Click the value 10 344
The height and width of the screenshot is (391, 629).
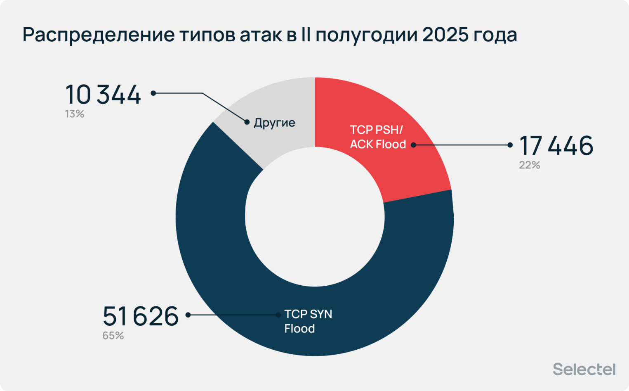click(x=103, y=95)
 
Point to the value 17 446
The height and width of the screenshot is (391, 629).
click(x=556, y=146)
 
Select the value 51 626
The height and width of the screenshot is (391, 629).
click(x=140, y=316)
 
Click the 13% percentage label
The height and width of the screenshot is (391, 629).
click(x=75, y=114)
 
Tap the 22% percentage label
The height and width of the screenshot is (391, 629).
click(x=529, y=165)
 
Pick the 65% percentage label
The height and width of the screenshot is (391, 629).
click(x=113, y=336)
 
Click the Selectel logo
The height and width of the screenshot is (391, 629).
click(x=584, y=369)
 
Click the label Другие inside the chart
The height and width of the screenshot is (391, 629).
click(x=274, y=123)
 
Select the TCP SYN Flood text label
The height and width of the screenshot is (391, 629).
click(x=308, y=321)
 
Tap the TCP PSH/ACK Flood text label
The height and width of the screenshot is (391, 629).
click(x=377, y=137)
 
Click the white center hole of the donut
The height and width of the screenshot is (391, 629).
click(x=315, y=217)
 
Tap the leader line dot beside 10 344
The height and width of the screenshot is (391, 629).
click(x=153, y=93)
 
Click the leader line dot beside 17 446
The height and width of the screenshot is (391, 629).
click(x=510, y=145)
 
